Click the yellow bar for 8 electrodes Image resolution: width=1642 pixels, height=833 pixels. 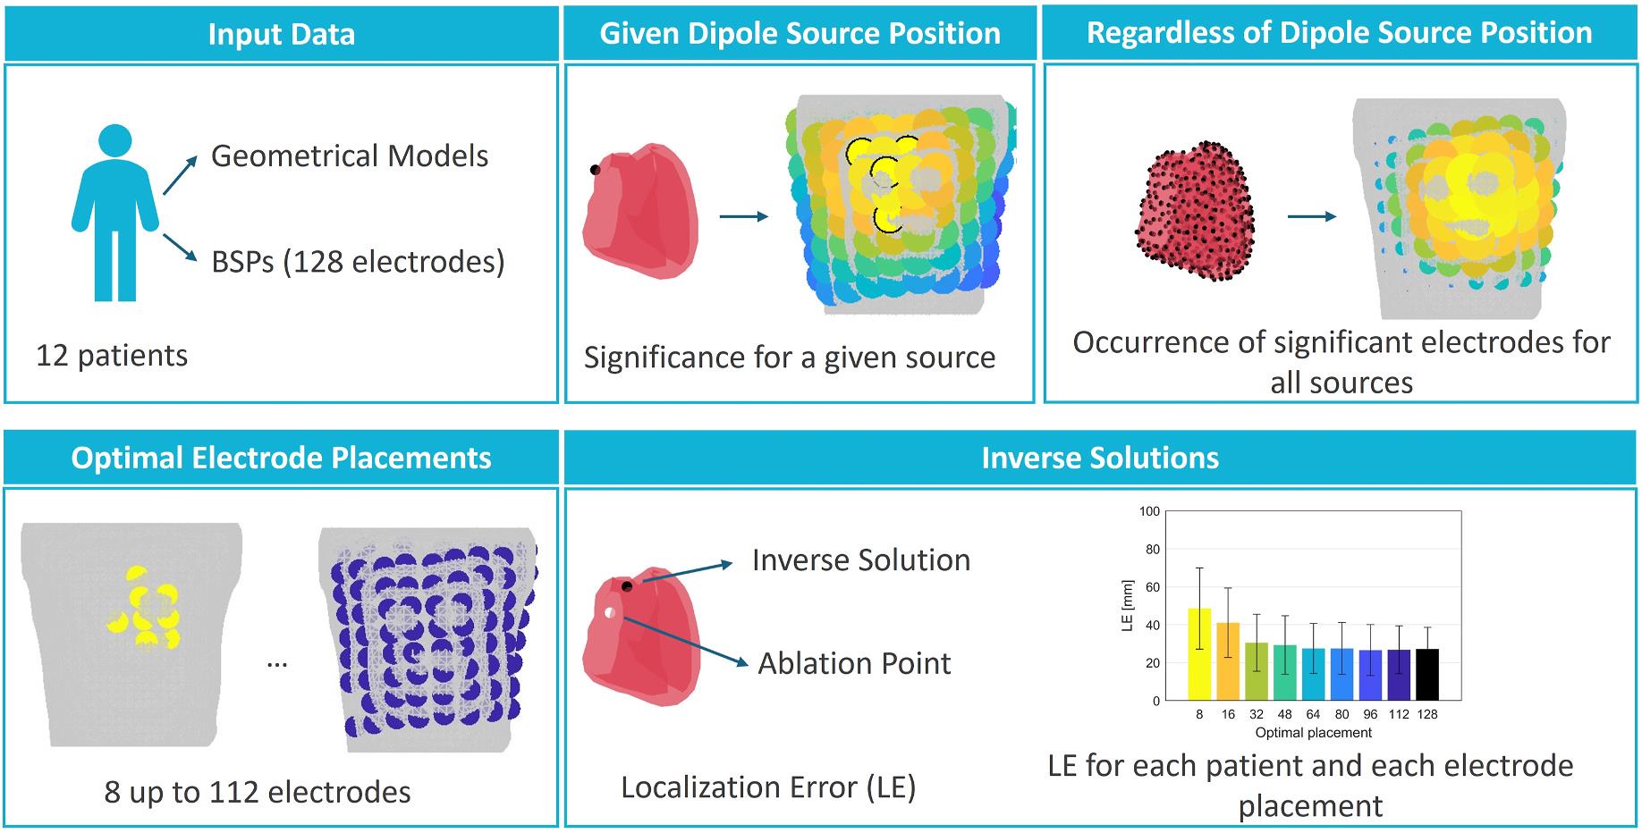(x=1199, y=654)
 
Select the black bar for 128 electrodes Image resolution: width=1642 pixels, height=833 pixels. (x=1427, y=675)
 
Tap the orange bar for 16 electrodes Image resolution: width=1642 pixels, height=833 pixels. (x=1228, y=661)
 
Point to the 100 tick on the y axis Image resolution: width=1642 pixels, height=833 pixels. (x=1149, y=511)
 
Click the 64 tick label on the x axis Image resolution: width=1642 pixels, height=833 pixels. (x=1313, y=714)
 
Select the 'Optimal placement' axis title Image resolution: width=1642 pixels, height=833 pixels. (x=1313, y=733)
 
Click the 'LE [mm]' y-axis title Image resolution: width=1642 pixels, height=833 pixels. (x=1127, y=606)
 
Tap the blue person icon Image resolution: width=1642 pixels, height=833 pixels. (x=115, y=213)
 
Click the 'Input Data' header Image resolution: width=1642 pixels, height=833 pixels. (x=282, y=35)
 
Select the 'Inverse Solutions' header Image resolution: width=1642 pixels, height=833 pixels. (x=1100, y=458)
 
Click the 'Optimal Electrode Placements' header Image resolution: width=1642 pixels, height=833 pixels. (x=282, y=458)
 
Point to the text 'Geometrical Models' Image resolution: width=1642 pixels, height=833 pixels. (x=350, y=156)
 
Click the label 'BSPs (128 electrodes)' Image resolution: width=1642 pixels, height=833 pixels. (x=358, y=262)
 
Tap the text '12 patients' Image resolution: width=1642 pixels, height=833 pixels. (x=112, y=356)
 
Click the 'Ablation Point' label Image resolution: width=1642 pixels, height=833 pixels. (x=854, y=663)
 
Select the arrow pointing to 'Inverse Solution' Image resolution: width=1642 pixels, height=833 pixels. (x=687, y=572)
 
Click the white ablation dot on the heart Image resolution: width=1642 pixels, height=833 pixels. (x=609, y=613)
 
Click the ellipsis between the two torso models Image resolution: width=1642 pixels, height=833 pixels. (x=277, y=664)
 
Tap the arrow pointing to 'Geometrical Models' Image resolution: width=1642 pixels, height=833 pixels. (x=180, y=173)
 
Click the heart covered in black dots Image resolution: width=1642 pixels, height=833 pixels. (x=1195, y=211)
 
